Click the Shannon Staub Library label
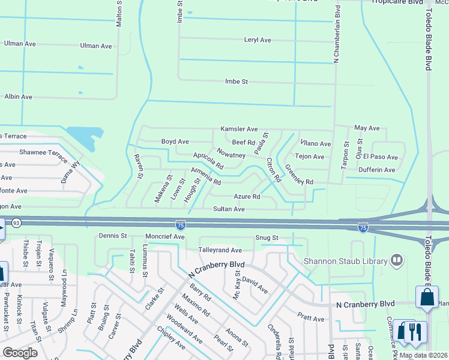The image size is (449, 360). point(344,260)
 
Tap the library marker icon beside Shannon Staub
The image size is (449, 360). point(396,260)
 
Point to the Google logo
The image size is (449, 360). point(20,353)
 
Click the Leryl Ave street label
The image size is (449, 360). point(258,40)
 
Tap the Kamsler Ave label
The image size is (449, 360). point(239,129)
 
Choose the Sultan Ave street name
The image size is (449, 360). point(229,209)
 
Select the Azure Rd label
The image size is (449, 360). point(247,197)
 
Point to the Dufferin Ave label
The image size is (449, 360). point(376,170)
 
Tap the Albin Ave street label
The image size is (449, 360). point(18,97)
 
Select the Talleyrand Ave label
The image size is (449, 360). point(220,250)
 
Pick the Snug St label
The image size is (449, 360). point(266,238)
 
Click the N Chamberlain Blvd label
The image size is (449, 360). point(337,34)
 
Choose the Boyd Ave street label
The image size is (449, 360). point(175,142)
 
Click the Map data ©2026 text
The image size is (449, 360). point(423,355)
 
